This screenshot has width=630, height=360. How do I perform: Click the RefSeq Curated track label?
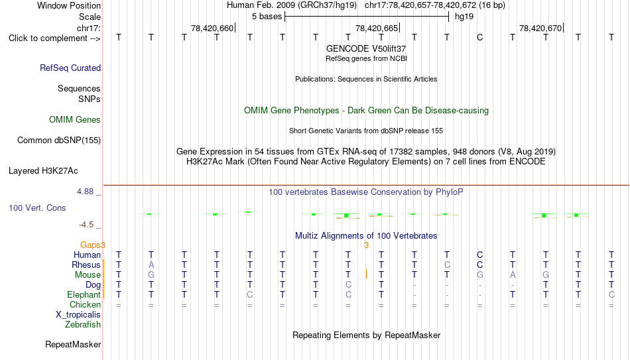[x=70, y=68]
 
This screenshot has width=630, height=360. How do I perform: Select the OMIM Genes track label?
[x=75, y=120]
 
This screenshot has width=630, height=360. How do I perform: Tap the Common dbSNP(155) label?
[x=58, y=141]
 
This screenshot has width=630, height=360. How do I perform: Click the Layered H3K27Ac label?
[x=43, y=171]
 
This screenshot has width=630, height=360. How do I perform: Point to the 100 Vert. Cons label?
[x=37, y=208]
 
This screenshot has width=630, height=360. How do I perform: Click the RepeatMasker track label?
[x=73, y=344]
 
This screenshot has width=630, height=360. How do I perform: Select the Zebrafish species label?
[x=83, y=324]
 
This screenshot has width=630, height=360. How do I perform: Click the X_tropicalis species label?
[x=78, y=315]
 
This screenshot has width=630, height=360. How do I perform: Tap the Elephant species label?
[x=84, y=294]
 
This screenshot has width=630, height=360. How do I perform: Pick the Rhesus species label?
[x=86, y=265]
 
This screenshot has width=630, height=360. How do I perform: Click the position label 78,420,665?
[x=377, y=28]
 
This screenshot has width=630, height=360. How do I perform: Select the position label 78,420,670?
[x=540, y=28]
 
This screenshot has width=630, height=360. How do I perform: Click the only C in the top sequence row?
[x=479, y=37]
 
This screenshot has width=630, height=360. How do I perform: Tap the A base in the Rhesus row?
[x=151, y=265]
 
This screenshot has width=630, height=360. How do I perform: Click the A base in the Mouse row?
[x=512, y=275]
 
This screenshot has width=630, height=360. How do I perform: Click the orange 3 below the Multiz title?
[x=366, y=245]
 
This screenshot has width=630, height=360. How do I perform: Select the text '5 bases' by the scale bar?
[x=267, y=17]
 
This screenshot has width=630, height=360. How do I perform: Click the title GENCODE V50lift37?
[x=366, y=48]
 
